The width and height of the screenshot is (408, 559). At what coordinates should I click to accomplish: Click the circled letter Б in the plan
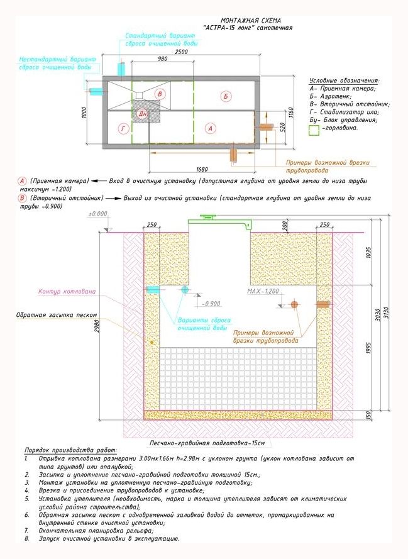point(226,96)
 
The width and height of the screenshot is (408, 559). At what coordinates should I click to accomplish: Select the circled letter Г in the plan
point(123,128)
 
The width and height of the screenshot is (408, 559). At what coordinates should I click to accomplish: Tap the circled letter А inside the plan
point(211,128)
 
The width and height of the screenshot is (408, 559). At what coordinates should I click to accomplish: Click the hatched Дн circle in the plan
point(143,113)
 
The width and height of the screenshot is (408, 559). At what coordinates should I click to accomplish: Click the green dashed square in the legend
point(316,128)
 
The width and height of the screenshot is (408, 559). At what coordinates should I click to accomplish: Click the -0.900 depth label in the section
point(212,304)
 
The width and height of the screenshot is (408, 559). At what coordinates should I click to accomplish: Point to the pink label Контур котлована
point(67,292)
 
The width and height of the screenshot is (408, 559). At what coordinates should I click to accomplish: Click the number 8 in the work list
point(26,539)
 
